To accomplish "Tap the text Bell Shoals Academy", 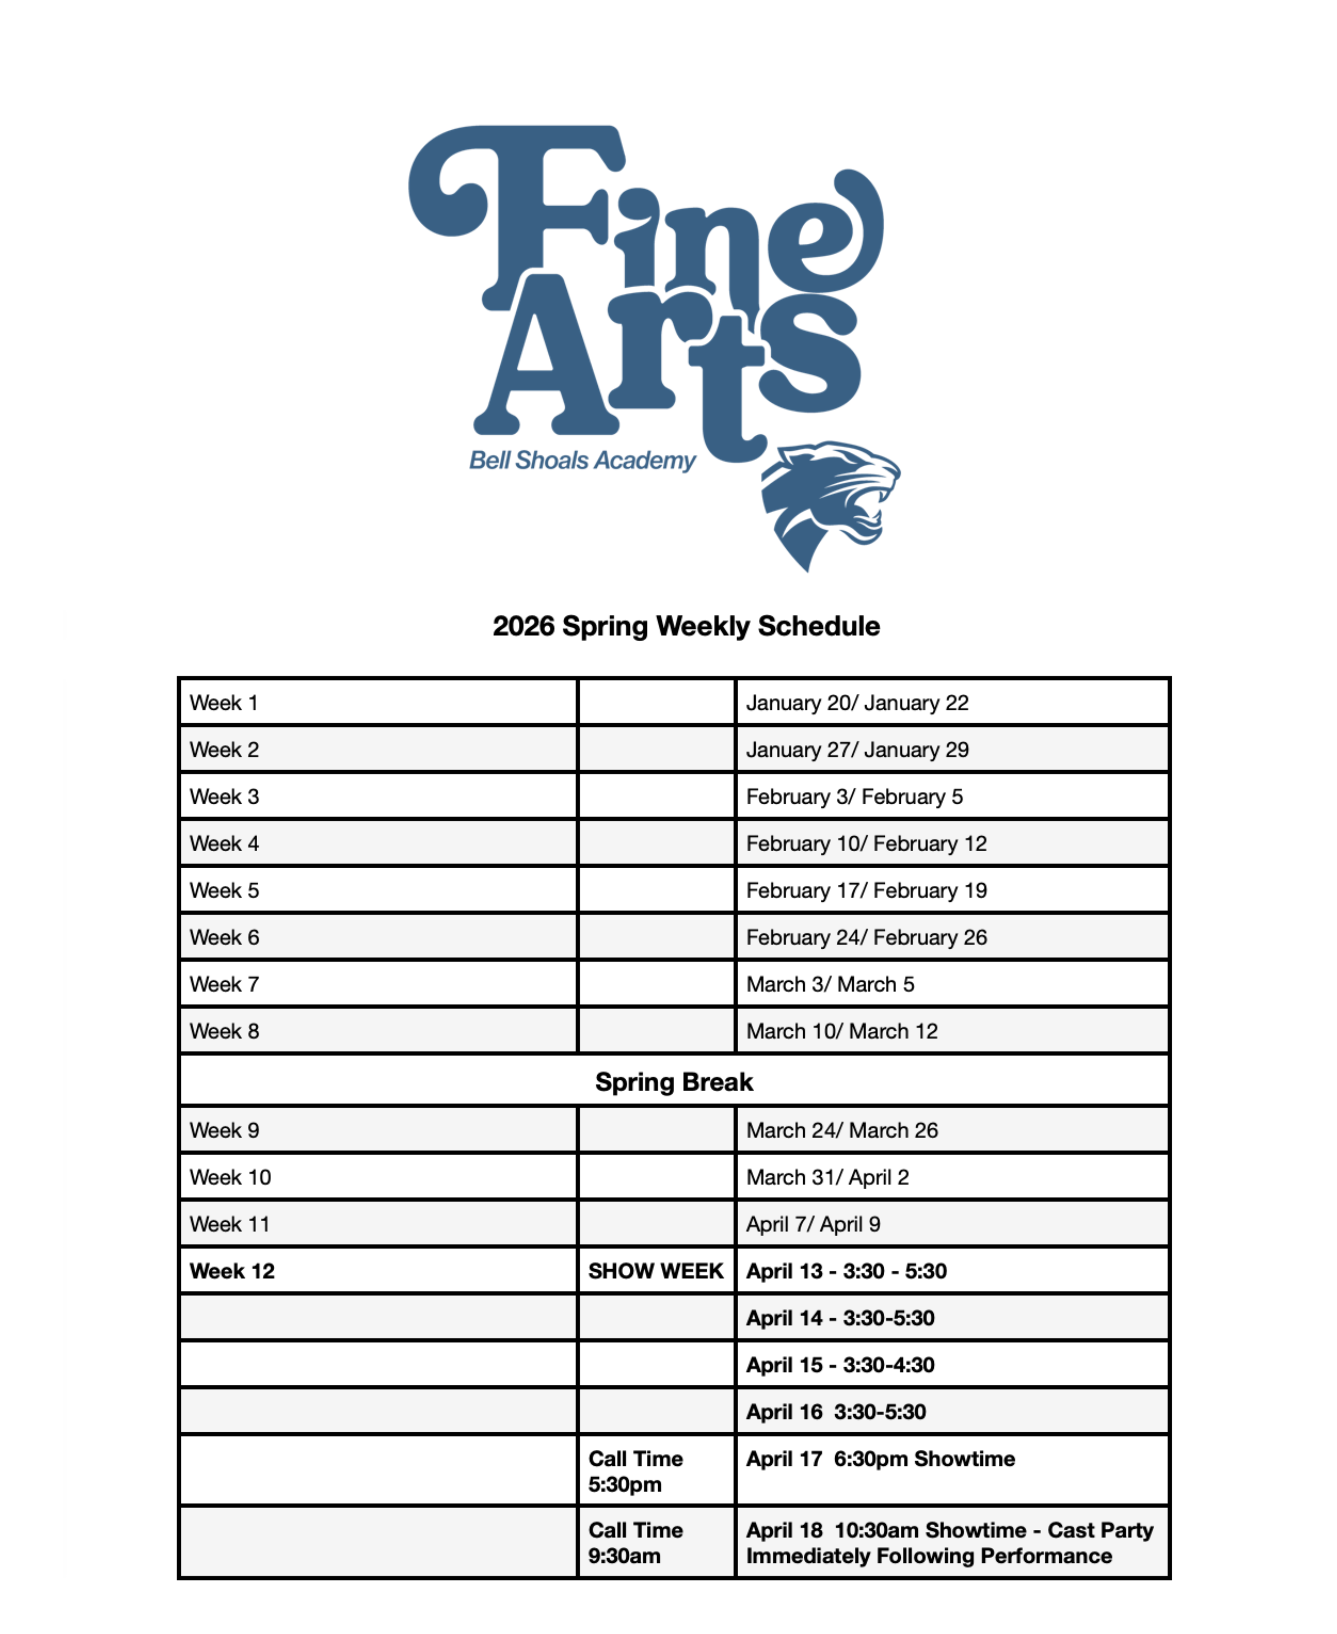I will (x=582, y=460).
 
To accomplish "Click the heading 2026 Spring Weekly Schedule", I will (x=685, y=626).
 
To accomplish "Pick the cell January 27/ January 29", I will (x=857, y=750).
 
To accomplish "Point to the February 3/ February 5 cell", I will (x=854, y=797).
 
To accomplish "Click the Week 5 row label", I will (x=224, y=891).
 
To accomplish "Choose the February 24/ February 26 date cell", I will (x=866, y=938).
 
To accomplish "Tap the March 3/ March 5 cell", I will (x=830, y=985).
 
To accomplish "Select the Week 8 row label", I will (x=224, y=1032).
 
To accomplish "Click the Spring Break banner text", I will (x=674, y=1082).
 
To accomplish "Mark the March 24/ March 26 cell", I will (x=842, y=1130).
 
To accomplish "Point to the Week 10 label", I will (x=230, y=1177).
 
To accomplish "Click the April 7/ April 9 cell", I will (x=813, y=1224).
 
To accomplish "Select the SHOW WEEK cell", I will (x=655, y=1271).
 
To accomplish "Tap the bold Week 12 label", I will (x=232, y=1271).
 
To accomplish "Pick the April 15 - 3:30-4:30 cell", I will (x=840, y=1365).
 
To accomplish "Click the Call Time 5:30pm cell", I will (x=635, y=1472).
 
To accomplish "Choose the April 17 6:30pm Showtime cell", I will (x=880, y=1459).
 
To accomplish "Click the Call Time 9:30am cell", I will (x=635, y=1543).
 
